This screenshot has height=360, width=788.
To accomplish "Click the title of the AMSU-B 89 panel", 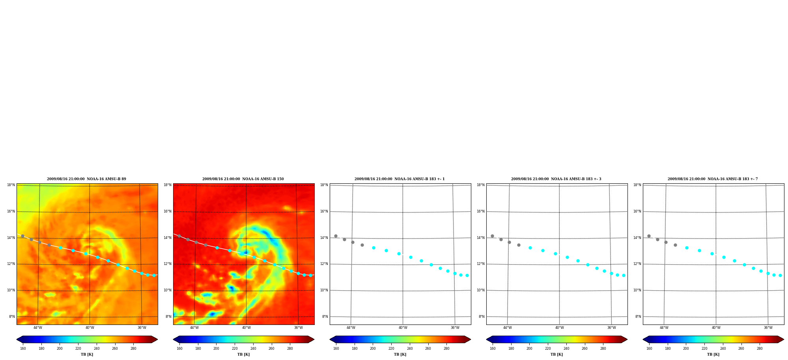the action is (x=86, y=179).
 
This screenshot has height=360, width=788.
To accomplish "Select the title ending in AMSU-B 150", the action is (x=243, y=179).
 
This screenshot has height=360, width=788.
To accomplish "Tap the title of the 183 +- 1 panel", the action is (x=400, y=179).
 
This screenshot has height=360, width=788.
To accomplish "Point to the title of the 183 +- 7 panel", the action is (x=713, y=179).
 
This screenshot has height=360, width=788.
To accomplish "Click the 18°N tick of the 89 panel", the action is (x=11, y=185).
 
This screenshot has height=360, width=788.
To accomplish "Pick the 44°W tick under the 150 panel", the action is (x=194, y=328).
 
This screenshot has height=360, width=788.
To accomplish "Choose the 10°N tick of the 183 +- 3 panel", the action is (x=481, y=290).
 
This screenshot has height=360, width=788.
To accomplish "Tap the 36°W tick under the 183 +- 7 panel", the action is (x=768, y=328).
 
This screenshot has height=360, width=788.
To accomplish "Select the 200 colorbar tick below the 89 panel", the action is (x=60, y=349).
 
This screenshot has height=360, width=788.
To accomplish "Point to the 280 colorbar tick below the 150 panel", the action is (x=290, y=349).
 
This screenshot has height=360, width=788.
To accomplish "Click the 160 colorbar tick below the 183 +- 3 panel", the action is (x=493, y=349).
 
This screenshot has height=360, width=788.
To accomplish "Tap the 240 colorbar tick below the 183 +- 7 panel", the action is (x=723, y=349).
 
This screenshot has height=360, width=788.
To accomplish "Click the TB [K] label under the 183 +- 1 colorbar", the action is (x=400, y=354).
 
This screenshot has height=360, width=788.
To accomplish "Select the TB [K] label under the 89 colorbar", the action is (x=87, y=354).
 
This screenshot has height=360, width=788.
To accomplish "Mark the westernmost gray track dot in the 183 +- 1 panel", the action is (x=336, y=236).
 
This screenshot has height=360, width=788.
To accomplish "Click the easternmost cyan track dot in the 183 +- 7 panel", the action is (x=780, y=275).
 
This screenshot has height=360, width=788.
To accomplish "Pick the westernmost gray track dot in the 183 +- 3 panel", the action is (x=492, y=236).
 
